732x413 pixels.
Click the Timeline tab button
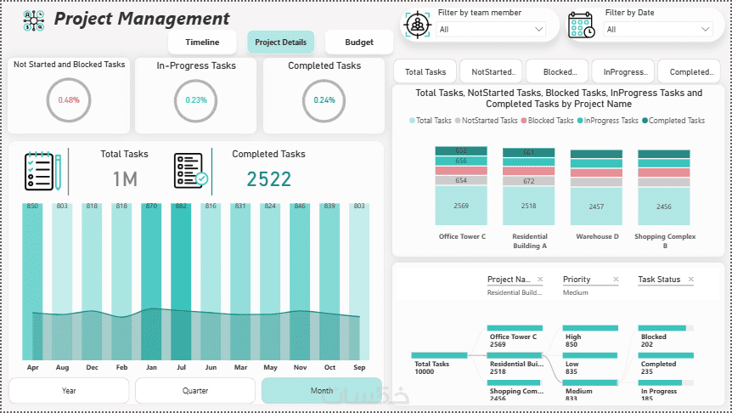(x=202, y=42)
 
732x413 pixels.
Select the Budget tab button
(x=359, y=42)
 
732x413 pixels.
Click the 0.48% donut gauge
(x=69, y=99)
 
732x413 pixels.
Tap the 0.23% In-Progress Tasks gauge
(x=196, y=99)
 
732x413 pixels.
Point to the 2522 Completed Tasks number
(x=269, y=178)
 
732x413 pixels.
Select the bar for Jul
(x=181, y=280)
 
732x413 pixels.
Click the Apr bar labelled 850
(x=32, y=280)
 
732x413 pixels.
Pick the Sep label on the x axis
(x=359, y=368)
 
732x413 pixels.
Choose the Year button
(x=69, y=391)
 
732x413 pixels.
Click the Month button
(x=322, y=391)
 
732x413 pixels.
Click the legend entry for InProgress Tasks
(x=610, y=121)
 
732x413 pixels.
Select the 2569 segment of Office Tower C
(x=461, y=206)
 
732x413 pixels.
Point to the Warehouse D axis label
(x=596, y=236)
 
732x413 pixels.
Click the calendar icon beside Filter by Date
(x=583, y=25)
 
